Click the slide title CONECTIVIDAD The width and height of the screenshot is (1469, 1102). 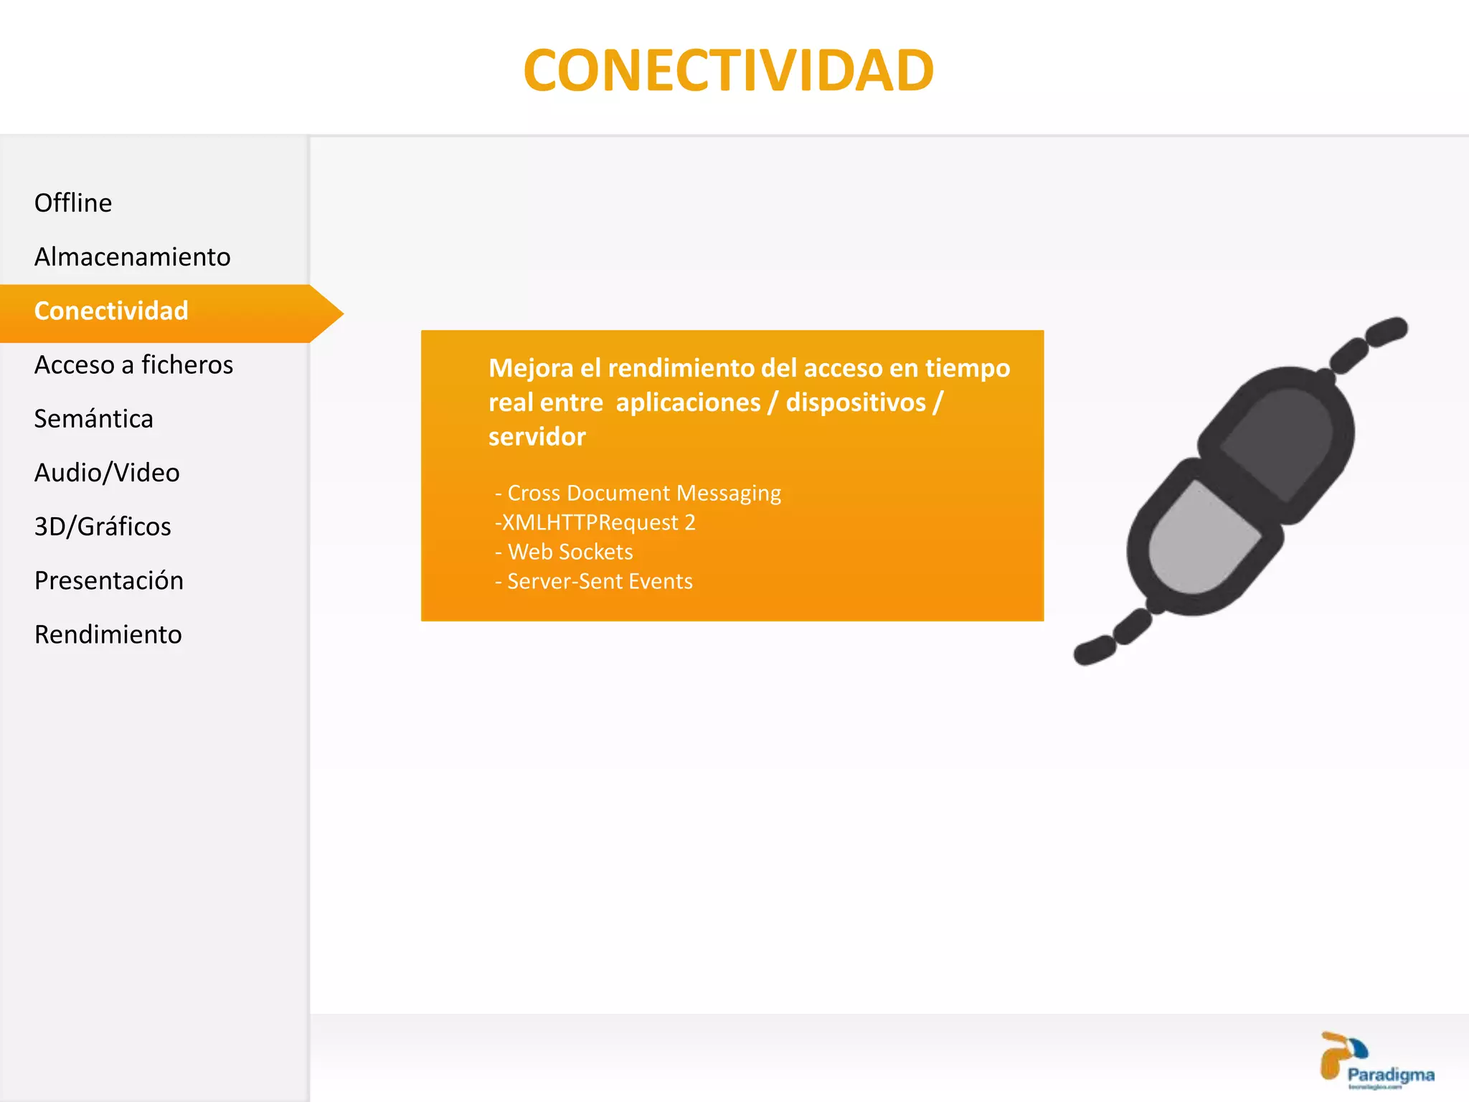point(728,70)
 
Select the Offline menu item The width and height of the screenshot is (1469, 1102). point(73,203)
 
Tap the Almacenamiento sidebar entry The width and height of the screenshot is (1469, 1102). point(133,257)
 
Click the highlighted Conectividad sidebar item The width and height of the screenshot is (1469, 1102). point(111,311)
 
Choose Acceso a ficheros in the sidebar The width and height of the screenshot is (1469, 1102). point(133,365)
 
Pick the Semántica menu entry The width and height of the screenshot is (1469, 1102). point(94,419)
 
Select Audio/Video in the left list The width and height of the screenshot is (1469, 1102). point(107,473)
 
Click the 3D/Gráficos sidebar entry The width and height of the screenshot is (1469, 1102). point(103,527)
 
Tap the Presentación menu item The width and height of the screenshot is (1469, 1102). point(109,580)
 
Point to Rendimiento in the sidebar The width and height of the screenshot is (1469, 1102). point(108,635)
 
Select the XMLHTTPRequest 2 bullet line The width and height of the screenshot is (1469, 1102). point(595,523)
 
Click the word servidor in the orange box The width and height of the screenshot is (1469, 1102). point(537,437)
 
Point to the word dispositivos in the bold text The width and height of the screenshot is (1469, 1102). point(856,402)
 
